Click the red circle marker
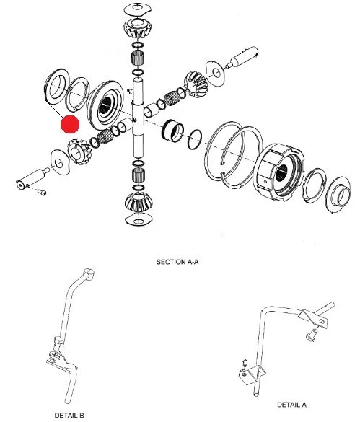pyautogui.click(x=70, y=124)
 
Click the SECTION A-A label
pyautogui.click(x=177, y=262)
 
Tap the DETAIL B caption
pyautogui.click(x=69, y=416)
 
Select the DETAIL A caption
pyautogui.click(x=291, y=405)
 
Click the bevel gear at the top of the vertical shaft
pyautogui.click(x=138, y=29)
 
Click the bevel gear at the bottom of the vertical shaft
pyautogui.click(x=139, y=202)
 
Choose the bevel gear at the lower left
pyautogui.click(x=78, y=151)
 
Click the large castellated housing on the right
pyautogui.click(x=280, y=172)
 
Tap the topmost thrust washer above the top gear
pyautogui.click(x=137, y=9)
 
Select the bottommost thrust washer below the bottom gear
pyautogui.click(x=139, y=219)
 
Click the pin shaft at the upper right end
pyautogui.click(x=243, y=58)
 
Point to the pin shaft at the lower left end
pyautogui.click(x=32, y=179)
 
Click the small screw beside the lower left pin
pyautogui.click(x=41, y=192)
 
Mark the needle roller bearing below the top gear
pyautogui.click(x=138, y=57)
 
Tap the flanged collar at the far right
pyautogui.click(x=338, y=194)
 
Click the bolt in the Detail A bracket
pyautogui.click(x=312, y=335)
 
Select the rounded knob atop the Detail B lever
pyautogui.click(x=89, y=273)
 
